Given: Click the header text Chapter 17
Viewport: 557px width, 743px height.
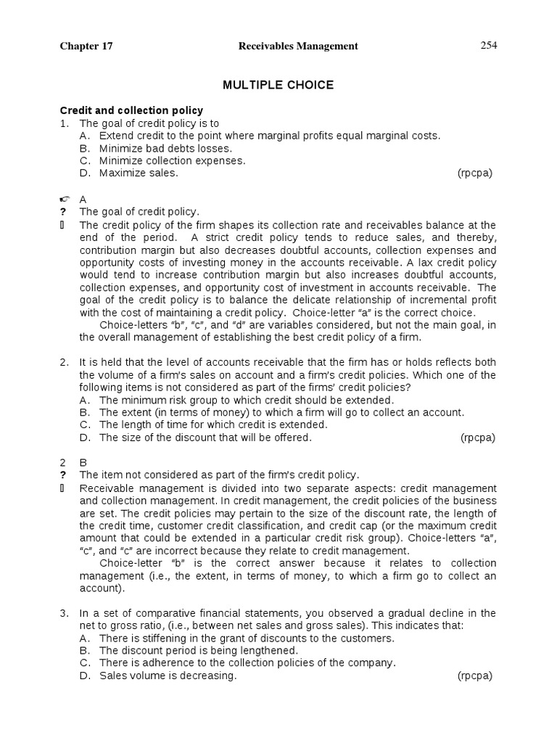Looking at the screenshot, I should (86, 46).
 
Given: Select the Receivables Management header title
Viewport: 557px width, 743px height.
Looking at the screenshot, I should (298, 46).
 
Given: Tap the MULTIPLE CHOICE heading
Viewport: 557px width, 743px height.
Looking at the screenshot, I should (278, 85).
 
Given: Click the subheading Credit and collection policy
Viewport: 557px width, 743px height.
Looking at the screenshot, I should (131, 110).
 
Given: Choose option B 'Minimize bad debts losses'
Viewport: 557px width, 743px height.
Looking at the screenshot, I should (165, 148).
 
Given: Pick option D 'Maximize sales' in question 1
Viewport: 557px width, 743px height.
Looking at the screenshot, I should (138, 173).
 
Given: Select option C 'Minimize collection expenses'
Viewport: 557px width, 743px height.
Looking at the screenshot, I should (172, 160).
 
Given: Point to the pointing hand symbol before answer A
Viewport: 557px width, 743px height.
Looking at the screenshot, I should (63, 199).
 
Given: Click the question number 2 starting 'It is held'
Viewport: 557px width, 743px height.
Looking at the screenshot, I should (64, 362).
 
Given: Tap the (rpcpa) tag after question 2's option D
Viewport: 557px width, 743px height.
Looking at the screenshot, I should (478, 437).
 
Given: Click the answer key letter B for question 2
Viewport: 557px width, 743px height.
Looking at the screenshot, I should (83, 462).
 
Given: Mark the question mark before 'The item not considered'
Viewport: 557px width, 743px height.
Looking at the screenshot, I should (63, 475).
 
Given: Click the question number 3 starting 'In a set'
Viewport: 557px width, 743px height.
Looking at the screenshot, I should (64, 613).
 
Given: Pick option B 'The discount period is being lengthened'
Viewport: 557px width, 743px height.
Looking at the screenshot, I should (198, 651).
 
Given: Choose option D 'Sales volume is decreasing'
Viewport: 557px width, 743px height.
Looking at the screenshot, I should (168, 676).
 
